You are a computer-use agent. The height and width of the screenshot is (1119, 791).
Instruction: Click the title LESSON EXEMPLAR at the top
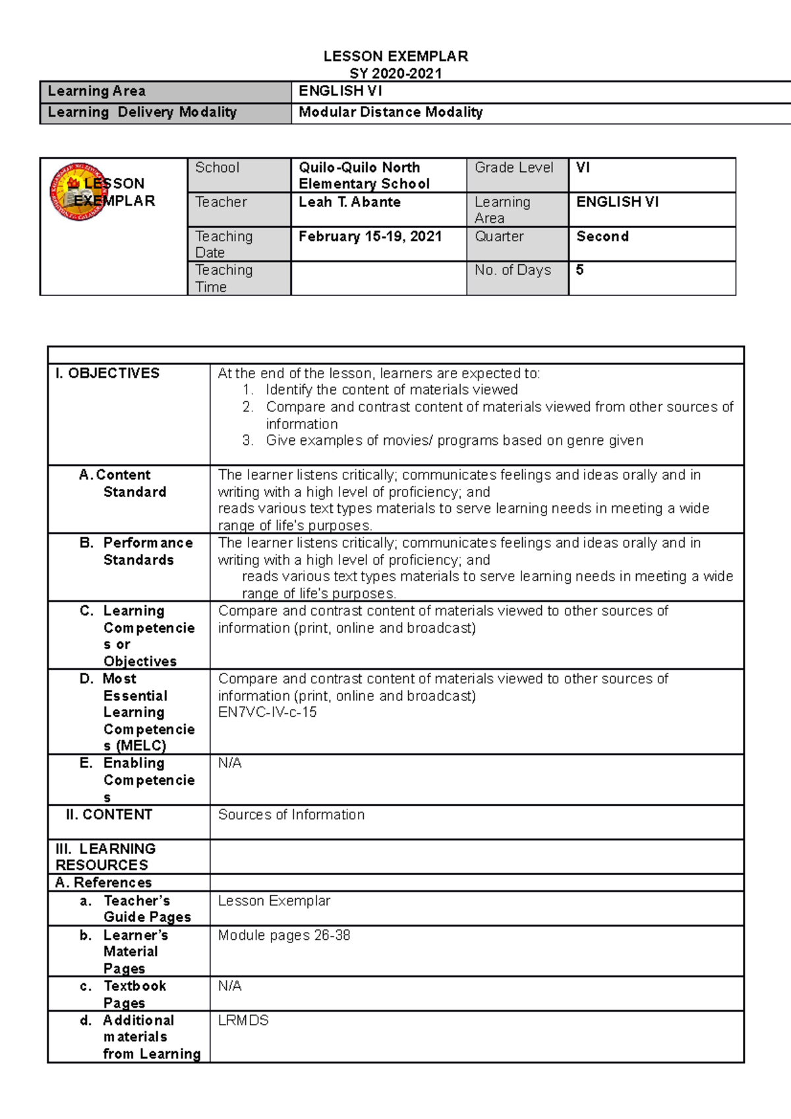coord(395,56)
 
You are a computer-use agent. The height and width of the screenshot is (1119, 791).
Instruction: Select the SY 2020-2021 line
coord(395,73)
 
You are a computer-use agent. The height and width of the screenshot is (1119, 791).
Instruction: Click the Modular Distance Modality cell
coord(390,112)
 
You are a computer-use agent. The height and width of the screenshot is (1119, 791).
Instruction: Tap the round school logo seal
coord(76,192)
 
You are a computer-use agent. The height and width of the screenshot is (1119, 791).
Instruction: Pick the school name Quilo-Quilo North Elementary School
coord(364,175)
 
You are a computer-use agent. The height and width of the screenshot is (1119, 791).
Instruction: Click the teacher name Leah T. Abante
coord(349,202)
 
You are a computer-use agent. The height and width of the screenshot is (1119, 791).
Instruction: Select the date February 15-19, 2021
coord(370,237)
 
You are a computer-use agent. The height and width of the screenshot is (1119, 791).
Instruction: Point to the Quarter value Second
coord(602,237)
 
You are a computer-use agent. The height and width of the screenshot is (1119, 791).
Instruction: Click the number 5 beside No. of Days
coord(579,270)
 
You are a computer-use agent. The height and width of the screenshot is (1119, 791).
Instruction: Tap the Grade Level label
coord(513,167)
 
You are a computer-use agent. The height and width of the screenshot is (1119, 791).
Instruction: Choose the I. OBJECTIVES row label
coord(107,374)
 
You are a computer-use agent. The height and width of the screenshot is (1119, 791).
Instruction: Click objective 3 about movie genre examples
coord(454,440)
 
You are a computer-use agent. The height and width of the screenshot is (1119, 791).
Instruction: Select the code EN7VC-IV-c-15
coord(267,712)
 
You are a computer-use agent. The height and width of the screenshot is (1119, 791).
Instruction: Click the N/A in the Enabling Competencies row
coord(229,763)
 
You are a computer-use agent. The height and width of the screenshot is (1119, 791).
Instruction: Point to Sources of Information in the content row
coord(291,815)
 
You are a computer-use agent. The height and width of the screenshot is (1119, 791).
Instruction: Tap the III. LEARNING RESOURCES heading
coord(105,857)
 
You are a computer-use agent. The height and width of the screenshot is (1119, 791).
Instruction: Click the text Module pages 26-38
coord(284,935)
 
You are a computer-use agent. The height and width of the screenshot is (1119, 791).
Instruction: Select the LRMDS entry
coord(243,1020)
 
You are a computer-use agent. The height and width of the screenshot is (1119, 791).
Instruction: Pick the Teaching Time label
coord(223,278)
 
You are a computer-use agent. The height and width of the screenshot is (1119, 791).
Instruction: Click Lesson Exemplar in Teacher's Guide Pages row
coord(274,901)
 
